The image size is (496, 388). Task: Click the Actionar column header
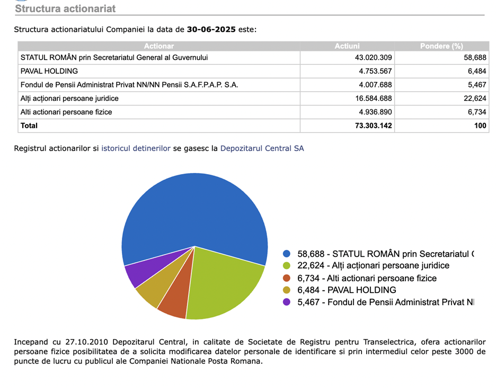coord(159,46)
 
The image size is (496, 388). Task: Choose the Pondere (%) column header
coord(441,46)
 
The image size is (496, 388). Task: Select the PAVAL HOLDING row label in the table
coord(49,71)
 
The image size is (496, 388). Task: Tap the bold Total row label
coord(29,126)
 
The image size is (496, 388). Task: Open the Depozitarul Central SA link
coord(262,149)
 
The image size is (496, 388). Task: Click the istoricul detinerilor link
coord(136,149)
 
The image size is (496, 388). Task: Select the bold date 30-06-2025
coord(211,29)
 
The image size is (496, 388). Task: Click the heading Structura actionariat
coord(65,8)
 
